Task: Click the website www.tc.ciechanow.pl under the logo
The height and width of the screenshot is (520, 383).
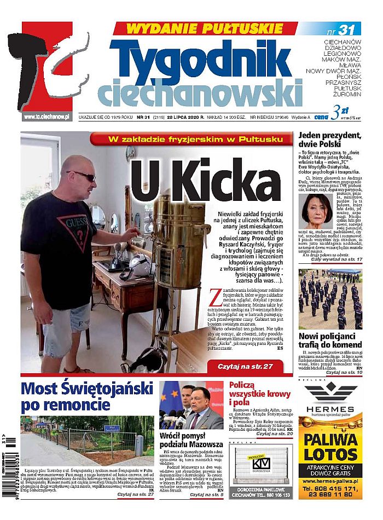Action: coord(47,117)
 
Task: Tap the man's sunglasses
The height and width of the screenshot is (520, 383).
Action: coord(82,175)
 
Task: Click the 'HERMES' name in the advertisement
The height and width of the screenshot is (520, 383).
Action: coord(330,409)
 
